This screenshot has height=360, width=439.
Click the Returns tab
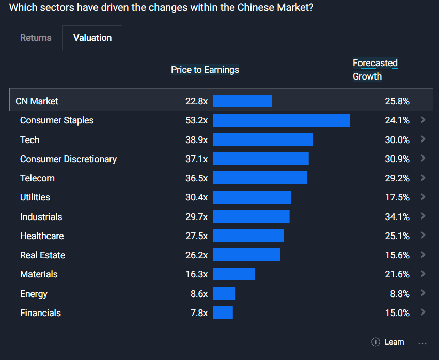pos(36,38)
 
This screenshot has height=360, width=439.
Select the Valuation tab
pos(92,38)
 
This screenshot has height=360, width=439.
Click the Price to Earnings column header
pos(205,70)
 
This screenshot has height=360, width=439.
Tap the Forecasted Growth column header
pos(375,70)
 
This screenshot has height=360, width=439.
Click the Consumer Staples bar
pos(281,120)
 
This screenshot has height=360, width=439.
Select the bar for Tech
pos(263,139)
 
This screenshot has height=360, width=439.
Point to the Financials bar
pos(223,312)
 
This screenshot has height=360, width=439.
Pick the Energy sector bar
pos(224,293)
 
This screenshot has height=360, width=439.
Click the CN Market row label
pos(37,101)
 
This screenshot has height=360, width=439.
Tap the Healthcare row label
pos(42,236)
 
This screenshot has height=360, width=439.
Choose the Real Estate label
pos(42,255)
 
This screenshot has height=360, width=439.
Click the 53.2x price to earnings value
pos(196,120)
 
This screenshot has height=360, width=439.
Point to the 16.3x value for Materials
pos(196,274)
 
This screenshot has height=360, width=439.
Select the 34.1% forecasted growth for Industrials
pos(397,217)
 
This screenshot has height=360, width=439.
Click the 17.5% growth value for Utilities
pos(397,197)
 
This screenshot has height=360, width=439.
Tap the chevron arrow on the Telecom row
pos(423,178)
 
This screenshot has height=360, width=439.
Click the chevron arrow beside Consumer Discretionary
pos(423,159)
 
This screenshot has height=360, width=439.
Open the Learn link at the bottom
pos(394,342)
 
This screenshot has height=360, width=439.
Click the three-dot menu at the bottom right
pos(422,342)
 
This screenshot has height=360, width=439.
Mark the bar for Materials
pos(233,274)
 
